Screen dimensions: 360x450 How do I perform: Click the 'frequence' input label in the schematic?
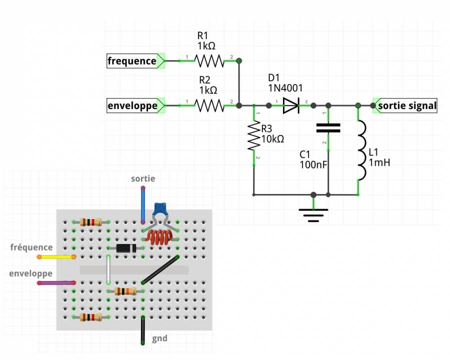pyautogui.click(x=132, y=61)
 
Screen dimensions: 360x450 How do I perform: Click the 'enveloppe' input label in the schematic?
pyautogui.click(x=132, y=106)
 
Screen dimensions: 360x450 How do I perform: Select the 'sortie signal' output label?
pyautogui.click(x=407, y=106)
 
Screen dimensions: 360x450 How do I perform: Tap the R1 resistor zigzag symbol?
pyautogui.click(x=209, y=61)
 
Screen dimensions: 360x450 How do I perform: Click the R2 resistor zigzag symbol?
pyautogui.click(x=209, y=106)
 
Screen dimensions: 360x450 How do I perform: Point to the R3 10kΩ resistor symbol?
pyautogui.click(x=254, y=137)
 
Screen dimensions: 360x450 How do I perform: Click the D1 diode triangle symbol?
pyautogui.click(x=291, y=106)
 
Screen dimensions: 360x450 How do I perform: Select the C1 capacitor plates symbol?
pyautogui.click(x=328, y=127)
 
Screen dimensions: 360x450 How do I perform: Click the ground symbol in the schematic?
pyautogui.click(x=313, y=213)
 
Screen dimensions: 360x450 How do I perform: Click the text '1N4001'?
pyautogui.click(x=285, y=88)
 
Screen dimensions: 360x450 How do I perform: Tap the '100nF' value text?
pyautogui.click(x=313, y=164)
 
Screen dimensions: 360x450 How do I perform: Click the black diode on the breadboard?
pyautogui.click(x=126, y=248)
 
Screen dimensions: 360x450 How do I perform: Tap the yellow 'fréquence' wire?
pyautogui.click(x=56, y=257)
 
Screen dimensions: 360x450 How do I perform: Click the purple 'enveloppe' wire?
pyautogui.click(x=56, y=283)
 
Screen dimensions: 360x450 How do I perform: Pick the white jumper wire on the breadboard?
pyautogui.click(x=108, y=270)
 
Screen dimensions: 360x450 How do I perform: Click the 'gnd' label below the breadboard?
pyautogui.click(x=159, y=338)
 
